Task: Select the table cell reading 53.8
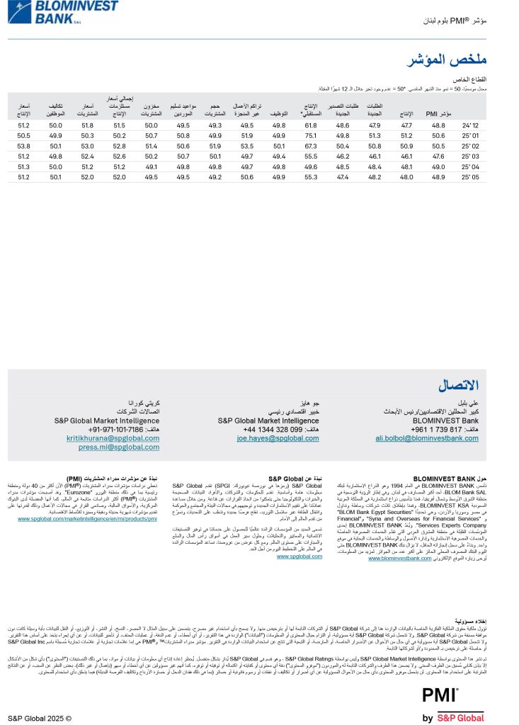tap(24, 145)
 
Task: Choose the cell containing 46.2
tap(343, 156)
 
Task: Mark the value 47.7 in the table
tap(407, 125)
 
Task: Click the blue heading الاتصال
tap(458, 385)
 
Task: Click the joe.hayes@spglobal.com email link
tap(269, 438)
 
